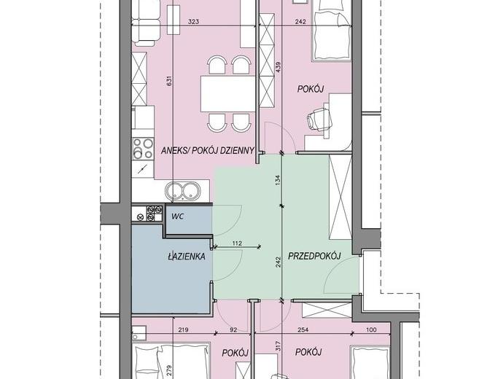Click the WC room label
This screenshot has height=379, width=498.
[177, 217]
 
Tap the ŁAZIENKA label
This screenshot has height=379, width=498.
[187, 257]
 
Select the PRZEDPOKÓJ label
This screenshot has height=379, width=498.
[314, 256]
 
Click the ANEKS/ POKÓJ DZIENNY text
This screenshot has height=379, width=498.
[208, 150]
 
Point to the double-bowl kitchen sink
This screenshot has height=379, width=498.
[182, 191]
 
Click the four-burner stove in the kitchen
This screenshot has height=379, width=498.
[143, 148]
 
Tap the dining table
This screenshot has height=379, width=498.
[227, 93]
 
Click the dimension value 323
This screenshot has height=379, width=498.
[193, 22]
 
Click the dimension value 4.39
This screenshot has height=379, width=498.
[279, 67]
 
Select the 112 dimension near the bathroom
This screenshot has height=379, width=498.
[237, 243]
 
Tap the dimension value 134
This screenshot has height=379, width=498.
[279, 180]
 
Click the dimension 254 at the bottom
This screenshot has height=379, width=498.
[303, 329]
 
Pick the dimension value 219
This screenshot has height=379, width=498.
[183, 329]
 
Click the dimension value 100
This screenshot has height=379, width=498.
[371, 329]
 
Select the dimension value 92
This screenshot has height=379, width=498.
[233, 329]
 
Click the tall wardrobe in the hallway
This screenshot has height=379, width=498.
[341, 197]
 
